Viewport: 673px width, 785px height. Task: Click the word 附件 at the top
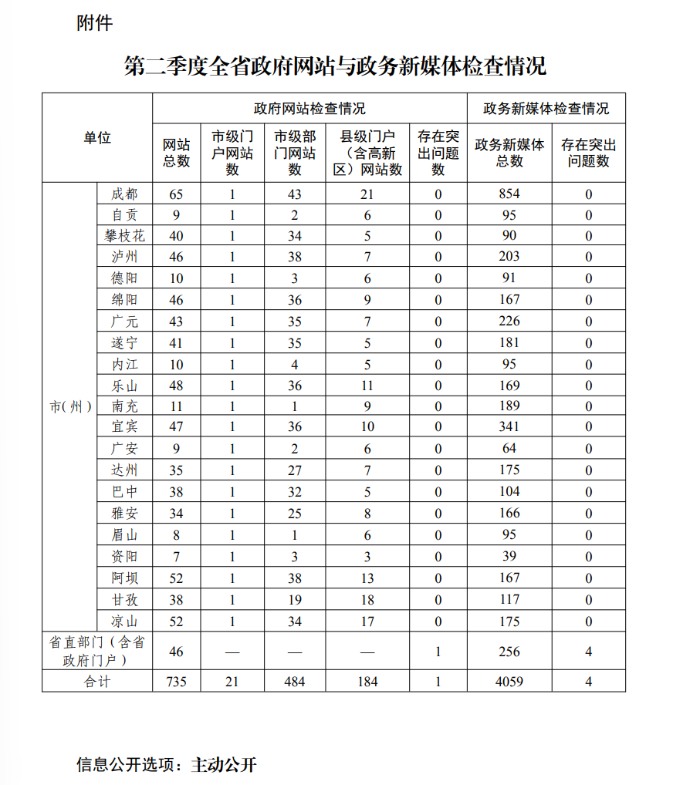point(95,24)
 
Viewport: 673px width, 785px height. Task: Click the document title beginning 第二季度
point(335,66)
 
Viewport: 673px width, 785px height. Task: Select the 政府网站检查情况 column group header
point(309,108)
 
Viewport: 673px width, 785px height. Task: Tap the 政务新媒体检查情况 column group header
point(546,108)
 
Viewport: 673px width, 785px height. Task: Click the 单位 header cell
point(97,138)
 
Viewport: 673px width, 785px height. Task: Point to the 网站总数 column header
point(176,153)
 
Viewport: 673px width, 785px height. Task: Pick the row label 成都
point(124,194)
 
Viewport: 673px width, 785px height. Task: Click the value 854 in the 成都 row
point(509,194)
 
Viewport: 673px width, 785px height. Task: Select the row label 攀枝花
point(124,235)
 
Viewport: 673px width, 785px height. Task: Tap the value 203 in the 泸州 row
point(509,256)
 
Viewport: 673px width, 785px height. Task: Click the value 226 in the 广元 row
point(509,321)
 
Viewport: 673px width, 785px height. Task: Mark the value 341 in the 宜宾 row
point(509,426)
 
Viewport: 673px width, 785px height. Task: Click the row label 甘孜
point(124,599)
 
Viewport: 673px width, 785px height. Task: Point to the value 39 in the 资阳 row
point(509,557)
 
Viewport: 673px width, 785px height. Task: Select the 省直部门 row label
point(97,651)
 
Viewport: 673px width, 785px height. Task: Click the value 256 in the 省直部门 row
point(509,652)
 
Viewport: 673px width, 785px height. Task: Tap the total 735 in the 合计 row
point(176,681)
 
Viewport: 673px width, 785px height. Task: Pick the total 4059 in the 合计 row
point(509,681)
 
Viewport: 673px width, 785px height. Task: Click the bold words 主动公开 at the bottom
point(224,765)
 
